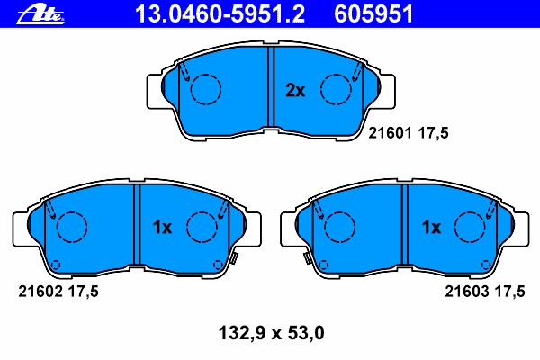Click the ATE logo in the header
[40, 14]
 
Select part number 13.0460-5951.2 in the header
[220, 14]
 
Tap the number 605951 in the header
[373, 14]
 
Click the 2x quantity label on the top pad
[295, 90]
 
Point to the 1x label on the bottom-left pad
[162, 227]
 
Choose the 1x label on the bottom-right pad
[431, 227]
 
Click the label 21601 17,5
[409, 133]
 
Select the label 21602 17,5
[58, 292]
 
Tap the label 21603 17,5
[485, 292]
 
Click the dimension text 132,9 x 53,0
[272, 333]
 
